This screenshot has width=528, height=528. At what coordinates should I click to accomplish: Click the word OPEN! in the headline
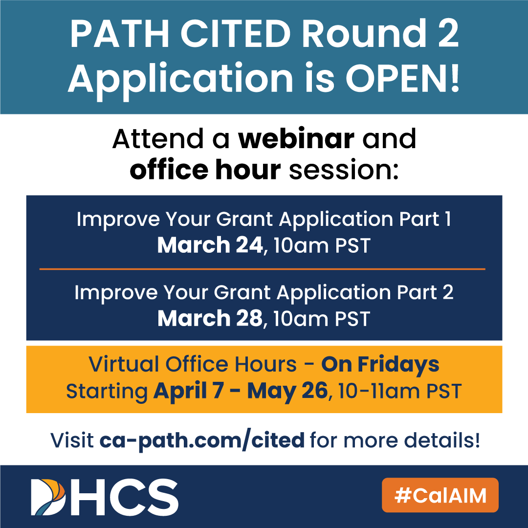(x=402, y=78)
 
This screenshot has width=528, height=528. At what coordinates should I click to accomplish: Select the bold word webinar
(x=296, y=138)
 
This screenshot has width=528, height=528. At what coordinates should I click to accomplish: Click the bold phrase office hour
(x=205, y=169)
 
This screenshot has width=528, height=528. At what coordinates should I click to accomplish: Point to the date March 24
(x=210, y=245)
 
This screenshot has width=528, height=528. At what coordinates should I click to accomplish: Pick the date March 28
(x=210, y=318)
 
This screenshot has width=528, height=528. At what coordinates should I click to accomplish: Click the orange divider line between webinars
(x=263, y=269)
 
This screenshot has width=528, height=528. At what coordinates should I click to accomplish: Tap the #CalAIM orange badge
(x=440, y=495)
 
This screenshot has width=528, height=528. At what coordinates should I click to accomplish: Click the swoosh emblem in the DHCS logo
(x=48, y=497)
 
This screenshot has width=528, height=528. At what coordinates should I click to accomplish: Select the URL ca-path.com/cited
(x=202, y=440)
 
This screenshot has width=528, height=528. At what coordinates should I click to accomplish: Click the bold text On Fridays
(x=380, y=365)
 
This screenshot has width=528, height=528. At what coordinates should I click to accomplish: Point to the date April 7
(x=188, y=391)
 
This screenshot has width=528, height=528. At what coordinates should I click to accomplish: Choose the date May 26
(x=287, y=391)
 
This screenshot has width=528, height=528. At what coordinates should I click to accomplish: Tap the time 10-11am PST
(x=400, y=391)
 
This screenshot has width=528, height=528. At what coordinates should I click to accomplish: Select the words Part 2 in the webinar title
(x=425, y=292)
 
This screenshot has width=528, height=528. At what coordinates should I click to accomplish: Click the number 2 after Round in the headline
(x=448, y=34)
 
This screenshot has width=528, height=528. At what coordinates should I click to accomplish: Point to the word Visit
(x=72, y=440)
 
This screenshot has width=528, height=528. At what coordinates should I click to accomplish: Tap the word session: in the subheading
(x=344, y=170)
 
